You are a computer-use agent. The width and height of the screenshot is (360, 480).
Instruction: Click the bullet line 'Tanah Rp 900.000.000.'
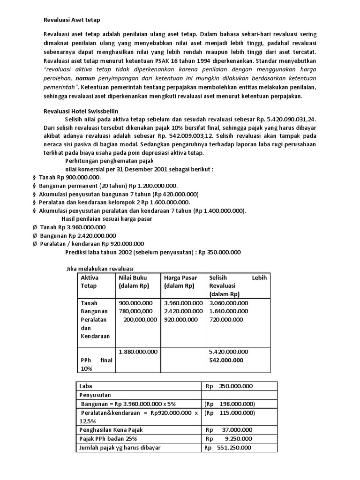pos(70,178)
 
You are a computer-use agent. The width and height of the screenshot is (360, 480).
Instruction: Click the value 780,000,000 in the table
pos(135,311)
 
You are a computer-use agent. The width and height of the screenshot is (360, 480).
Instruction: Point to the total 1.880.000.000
pos(138,351)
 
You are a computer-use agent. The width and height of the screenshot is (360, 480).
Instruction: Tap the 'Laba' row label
pos(87,386)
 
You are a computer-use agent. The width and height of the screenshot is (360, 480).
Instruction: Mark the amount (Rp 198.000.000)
pos(229,404)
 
